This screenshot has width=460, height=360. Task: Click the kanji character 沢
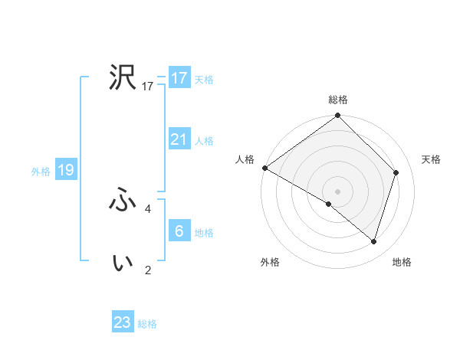pos(123,77)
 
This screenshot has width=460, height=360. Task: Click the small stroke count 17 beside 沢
pos(148,87)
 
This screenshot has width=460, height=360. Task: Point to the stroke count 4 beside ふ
pos(148,208)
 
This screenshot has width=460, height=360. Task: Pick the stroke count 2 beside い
pos(148,270)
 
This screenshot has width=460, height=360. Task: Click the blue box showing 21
pos(179,139)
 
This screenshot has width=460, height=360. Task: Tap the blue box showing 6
pos(179,231)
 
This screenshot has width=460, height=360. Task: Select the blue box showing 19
pos(66,170)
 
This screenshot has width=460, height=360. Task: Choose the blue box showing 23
pos(123,322)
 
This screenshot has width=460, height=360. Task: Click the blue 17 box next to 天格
pos(179,78)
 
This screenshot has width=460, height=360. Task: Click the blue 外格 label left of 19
pos(41,172)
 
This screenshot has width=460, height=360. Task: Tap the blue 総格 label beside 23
pos(147,324)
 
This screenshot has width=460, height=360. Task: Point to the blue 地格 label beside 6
pos(204,233)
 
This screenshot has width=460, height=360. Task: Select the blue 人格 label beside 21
pos(204,141)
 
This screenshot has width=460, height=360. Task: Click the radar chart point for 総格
pos(337,116)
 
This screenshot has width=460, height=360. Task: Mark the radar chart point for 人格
pos(264,168)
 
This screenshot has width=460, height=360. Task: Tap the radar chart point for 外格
pos(329,204)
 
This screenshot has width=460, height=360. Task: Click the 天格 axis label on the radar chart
pos(432,159)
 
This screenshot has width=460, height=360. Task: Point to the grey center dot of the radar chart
pos(337,191)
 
